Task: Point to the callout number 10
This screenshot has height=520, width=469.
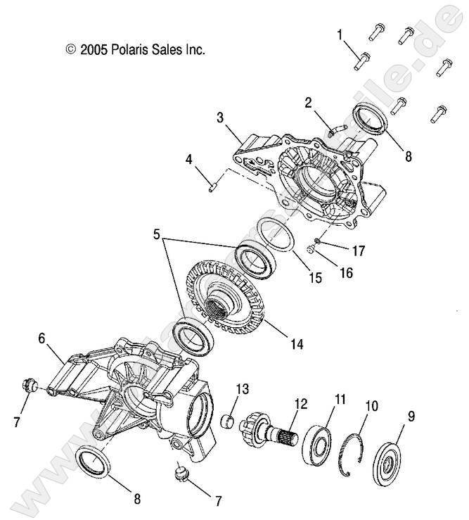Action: pos(371,407)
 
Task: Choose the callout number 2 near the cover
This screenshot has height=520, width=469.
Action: pos(308,103)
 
